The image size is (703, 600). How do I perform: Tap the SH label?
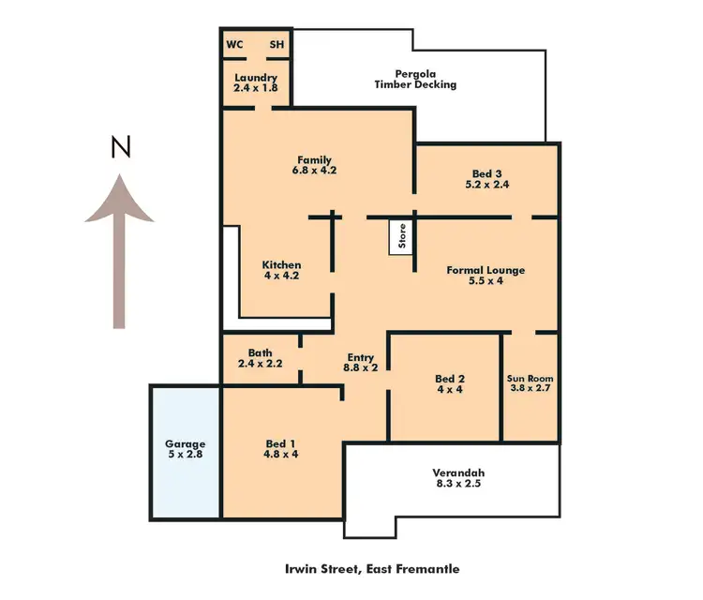277,44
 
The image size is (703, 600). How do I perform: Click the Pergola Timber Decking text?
415,79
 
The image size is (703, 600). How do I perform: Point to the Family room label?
314,165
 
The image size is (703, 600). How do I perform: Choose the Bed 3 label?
486,178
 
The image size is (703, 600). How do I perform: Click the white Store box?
401,236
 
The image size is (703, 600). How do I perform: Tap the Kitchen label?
281,271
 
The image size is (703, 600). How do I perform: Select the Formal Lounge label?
486,276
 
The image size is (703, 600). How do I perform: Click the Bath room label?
260,357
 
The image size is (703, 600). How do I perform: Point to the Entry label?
361,363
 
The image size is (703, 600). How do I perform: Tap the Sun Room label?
531,384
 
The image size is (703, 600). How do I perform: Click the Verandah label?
459,478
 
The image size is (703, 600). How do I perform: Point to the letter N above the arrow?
120,148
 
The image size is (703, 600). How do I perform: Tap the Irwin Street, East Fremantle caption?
372,569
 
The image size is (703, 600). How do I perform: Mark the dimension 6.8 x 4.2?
314,171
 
